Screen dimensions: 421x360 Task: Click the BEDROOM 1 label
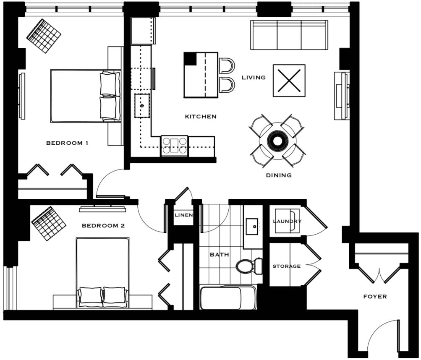(67, 143)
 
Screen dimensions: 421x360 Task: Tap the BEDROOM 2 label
(103, 225)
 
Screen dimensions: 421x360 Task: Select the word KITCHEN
(201, 117)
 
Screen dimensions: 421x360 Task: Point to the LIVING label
(254, 78)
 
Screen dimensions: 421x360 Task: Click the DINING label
(279, 175)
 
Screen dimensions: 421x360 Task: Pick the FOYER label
(375, 297)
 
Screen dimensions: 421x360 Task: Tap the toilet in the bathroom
(249, 266)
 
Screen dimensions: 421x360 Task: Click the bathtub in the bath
(228, 297)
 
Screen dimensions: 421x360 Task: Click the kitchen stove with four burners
(175, 146)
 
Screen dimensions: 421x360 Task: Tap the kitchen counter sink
(142, 105)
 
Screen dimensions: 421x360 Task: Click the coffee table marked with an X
(289, 81)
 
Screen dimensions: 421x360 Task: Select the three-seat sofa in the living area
(289, 35)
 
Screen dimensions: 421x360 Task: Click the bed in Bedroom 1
(85, 96)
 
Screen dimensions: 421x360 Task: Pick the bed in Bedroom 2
(102, 272)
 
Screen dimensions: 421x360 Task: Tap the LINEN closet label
(184, 215)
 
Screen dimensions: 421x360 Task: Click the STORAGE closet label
(287, 266)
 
